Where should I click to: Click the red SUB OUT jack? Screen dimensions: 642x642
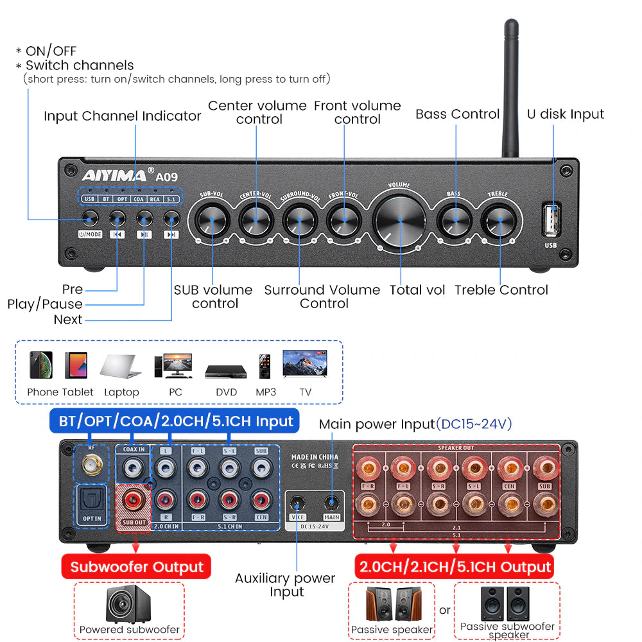coord(134,498)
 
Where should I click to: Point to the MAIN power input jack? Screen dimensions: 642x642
coord(331,501)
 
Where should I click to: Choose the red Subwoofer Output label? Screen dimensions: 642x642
coord(136,568)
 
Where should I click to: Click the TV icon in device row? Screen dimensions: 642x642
coord(305,365)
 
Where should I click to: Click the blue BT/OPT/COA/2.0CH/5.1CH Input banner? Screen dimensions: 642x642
coord(175,421)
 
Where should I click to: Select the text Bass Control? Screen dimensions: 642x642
coord(457,114)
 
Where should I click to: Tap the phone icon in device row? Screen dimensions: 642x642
coord(41,365)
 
